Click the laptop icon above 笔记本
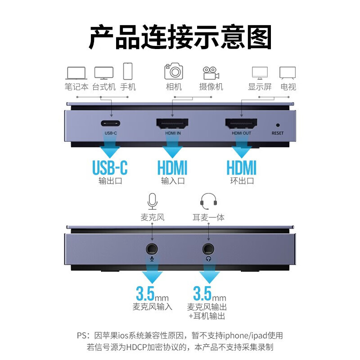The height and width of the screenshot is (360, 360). (x=76, y=73)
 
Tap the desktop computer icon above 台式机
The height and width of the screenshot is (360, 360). (x=104, y=73)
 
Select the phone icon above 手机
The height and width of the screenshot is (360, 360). (x=128, y=71)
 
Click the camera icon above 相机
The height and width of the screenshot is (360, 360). (x=174, y=71)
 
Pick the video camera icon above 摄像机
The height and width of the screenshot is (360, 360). (x=211, y=73)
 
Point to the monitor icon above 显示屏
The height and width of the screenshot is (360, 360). (x=260, y=73)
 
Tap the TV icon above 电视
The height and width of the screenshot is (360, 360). (x=288, y=73)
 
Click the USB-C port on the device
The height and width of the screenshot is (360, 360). (x=110, y=123)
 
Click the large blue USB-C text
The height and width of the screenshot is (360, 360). (x=110, y=167)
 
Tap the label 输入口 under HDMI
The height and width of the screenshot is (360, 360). (x=173, y=181)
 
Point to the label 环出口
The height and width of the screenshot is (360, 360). (x=242, y=181)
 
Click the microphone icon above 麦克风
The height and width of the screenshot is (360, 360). (x=152, y=201)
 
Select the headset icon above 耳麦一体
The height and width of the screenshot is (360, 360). (x=208, y=201)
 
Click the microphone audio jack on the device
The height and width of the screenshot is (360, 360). (x=152, y=249)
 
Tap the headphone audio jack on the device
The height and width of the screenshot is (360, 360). (x=208, y=249)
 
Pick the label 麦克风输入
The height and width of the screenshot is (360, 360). (x=152, y=307)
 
